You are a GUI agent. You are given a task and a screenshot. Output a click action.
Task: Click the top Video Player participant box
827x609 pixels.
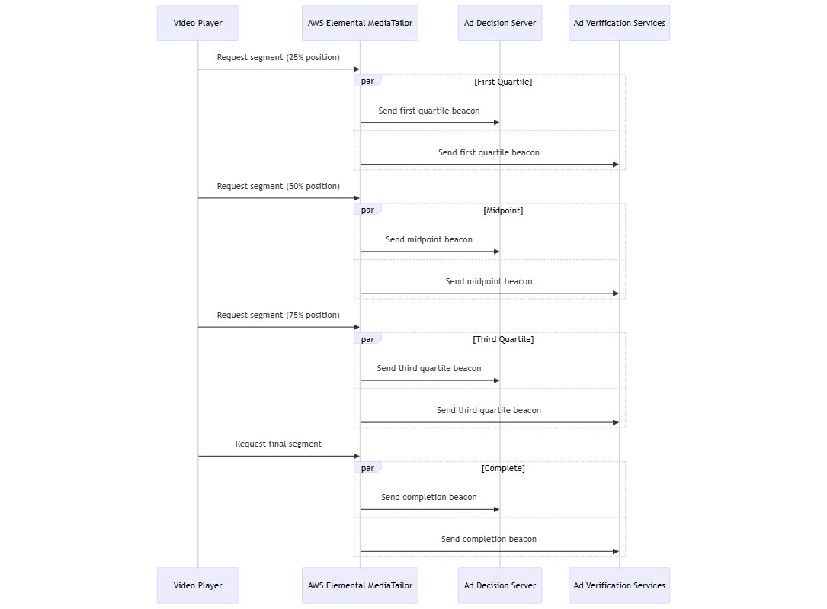point(197,23)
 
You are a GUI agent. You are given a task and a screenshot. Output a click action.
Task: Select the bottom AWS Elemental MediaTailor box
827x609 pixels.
point(360,585)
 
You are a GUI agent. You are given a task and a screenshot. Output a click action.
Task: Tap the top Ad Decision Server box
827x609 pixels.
point(499,23)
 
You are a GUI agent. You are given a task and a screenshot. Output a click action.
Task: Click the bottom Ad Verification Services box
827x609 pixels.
point(619,585)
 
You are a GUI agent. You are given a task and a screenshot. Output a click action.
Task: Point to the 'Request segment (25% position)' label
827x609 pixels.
point(278,57)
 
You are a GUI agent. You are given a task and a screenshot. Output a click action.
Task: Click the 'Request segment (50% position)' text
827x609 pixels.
point(278,186)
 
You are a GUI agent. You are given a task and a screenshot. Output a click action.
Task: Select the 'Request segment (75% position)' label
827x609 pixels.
point(278,315)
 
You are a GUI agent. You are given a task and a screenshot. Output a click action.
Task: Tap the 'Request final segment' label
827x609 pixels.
point(278,444)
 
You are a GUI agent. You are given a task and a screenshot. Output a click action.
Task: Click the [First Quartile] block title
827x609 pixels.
point(503,82)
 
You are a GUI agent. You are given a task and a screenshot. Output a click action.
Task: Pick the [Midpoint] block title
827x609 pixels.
point(503,210)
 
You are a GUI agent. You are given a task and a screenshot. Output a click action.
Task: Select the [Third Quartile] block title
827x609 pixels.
point(503,339)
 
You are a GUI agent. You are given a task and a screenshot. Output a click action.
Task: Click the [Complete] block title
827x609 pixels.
point(503,468)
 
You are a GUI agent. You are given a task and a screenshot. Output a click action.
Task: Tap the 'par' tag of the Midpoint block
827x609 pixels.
point(367,210)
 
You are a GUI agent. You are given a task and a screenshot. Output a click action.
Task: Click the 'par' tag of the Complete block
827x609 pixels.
point(367,468)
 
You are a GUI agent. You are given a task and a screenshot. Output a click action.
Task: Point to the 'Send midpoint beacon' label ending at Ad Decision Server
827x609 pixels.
point(429,239)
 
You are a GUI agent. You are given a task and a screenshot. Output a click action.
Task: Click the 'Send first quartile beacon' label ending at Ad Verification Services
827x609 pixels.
point(489,152)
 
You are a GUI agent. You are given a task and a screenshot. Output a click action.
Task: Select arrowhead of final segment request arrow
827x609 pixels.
point(356,456)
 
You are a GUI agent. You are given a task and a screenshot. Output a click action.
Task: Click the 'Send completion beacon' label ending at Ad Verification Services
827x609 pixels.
point(489,539)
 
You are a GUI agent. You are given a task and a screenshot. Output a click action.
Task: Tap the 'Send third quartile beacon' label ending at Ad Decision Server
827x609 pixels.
point(429,368)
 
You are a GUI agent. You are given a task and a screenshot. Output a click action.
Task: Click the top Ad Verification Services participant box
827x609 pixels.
point(619,23)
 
